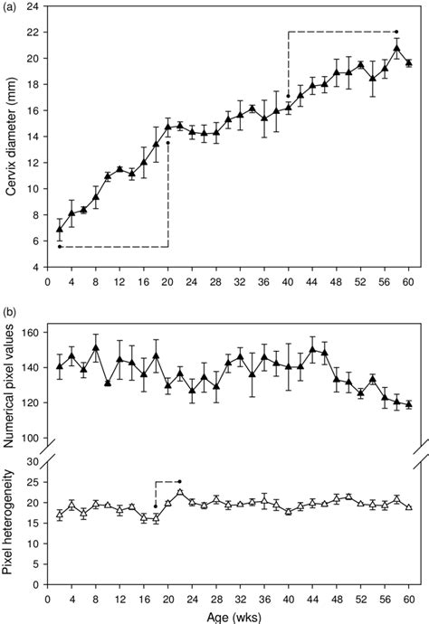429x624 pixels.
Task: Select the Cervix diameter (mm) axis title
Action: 12,137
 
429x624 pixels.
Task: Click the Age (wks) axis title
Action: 230,615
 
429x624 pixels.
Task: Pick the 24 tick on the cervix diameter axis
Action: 34,6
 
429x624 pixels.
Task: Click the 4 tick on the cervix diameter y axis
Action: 37,268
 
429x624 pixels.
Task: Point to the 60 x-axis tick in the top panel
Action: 409,281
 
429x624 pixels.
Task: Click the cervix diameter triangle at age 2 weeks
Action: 60,230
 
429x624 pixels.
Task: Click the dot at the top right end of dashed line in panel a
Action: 396,32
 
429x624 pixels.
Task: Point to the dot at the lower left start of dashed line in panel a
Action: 60,246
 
